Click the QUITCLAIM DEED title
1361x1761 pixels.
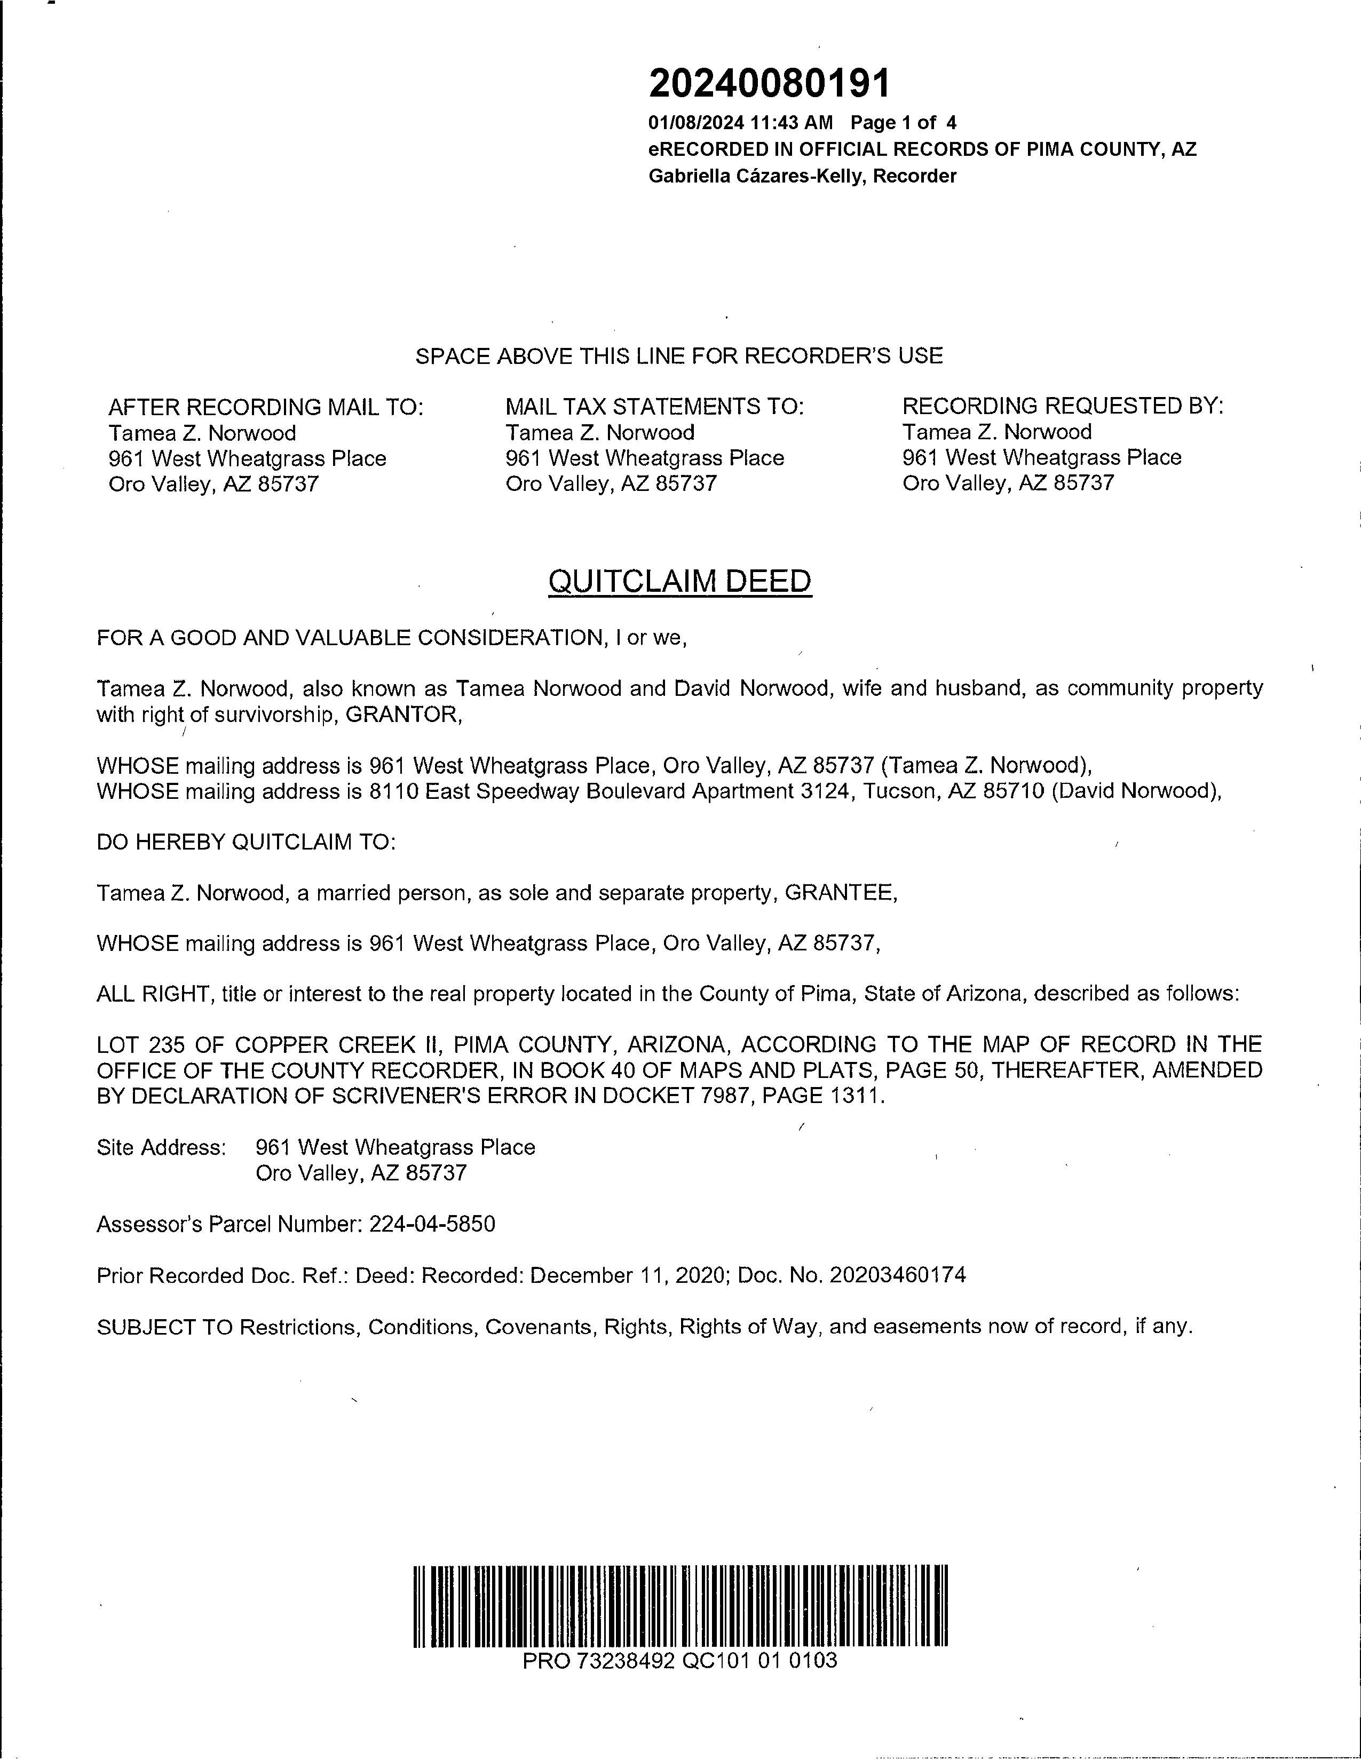click(x=679, y=581)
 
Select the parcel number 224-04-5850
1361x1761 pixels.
click(x=432, y=1224)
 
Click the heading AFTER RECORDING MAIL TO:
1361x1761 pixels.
click(x=266, y=407)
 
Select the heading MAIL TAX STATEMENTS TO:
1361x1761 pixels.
click(x=655, y=407)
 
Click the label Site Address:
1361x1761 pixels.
click(x=161, y=1147)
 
